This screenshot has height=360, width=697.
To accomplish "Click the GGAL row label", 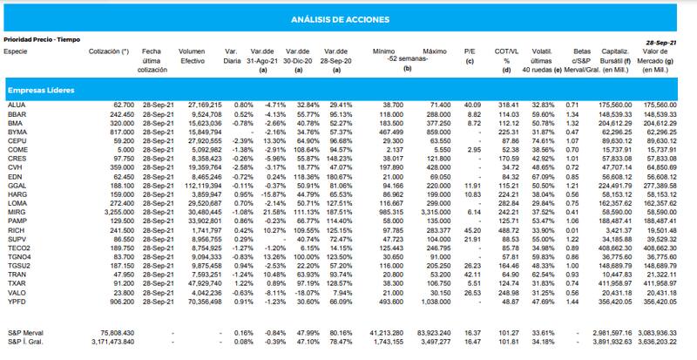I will [15, 186].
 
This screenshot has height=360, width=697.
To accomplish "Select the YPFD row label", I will [15, 301].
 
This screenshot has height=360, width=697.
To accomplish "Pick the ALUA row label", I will [15, 105].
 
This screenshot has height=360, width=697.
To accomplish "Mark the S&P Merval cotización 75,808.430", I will [116, 332].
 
